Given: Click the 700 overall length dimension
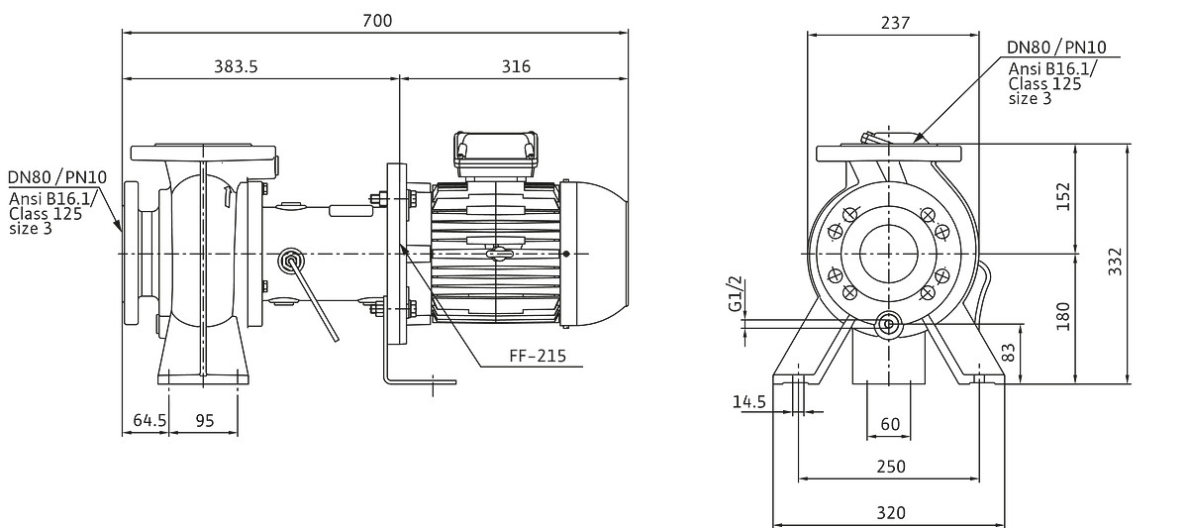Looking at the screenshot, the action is [x=377, y=21].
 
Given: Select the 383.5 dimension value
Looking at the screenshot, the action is [x=236, y=66].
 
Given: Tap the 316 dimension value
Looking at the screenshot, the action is [x=516, y=66].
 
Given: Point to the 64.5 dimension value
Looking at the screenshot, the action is [x=149, y=420].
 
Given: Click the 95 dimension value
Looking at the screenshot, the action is [x=205, y=420].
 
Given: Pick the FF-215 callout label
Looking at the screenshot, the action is [x=538, y=355].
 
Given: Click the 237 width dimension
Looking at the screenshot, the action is [x=895, y=22].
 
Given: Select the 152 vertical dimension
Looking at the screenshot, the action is [x=1063, y=197].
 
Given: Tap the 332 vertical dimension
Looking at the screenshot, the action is [x=1116, y=262].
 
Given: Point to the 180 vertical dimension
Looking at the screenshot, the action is [x=1063, y=316].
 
